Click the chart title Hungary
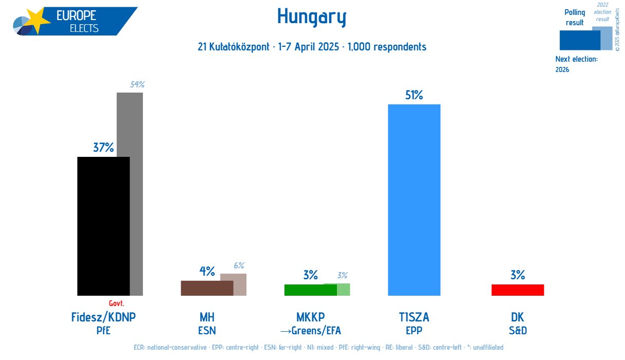coord(312,17)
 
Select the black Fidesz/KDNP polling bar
coord(103,226)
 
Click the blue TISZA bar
coord(414,201)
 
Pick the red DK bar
coord(517,290)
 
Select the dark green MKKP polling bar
coord(310,290)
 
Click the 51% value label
coord(413,95)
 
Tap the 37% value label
coord(103,148)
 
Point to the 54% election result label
coord(137,85)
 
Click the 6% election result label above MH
coord(239,266)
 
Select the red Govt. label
coord(117,303)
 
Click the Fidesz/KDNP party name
coord(103,317)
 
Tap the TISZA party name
coord(414,317)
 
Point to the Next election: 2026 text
coord(576,64)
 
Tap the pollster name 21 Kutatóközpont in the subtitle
coord(235,47)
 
